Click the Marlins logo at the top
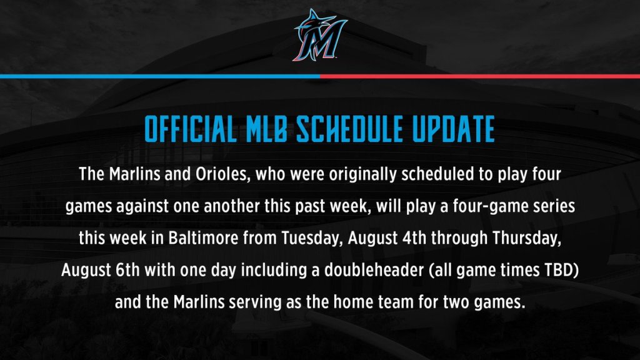320,36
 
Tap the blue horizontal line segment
160,76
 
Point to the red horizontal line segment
480,76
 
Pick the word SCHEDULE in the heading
350,129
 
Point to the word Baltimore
203,238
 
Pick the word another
231,206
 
